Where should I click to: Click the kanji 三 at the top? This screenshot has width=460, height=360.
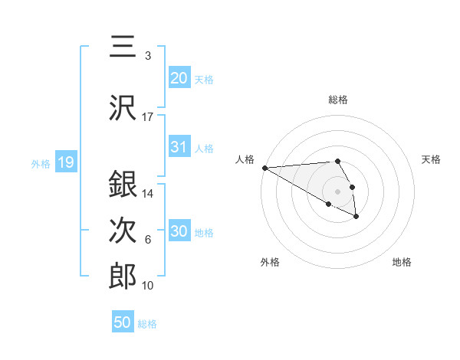[x=122, y=47]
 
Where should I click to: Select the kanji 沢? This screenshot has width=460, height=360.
[x=123, y=108]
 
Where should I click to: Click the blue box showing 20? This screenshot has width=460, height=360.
[x=179, y=77]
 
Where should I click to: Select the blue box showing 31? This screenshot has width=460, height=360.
[x=179, y=147]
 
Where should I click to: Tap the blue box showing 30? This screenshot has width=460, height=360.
[x=179, y=231]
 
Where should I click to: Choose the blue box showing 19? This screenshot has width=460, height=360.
[x=65, y=162]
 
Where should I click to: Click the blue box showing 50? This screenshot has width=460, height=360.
[x=123, y=322]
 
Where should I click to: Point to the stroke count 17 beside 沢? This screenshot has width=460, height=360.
[x=148, y=117]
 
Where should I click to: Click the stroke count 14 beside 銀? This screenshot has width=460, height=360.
[x=148, y=194]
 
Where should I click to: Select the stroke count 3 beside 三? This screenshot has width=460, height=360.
[x=148, y=56]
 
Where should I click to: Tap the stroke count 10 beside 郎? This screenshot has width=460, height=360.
[x=148, y=286]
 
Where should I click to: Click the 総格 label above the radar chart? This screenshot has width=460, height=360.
[x=338, y=100]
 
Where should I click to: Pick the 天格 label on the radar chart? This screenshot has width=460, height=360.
[x=431, y=159]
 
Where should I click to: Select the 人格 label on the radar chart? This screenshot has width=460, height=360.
[x=245, y=159]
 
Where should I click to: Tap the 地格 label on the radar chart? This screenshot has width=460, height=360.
[x=402, y=262]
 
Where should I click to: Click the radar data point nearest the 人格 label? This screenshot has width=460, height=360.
[x=264, y=167]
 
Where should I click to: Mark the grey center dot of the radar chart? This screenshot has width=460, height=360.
[x=338, y=191]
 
